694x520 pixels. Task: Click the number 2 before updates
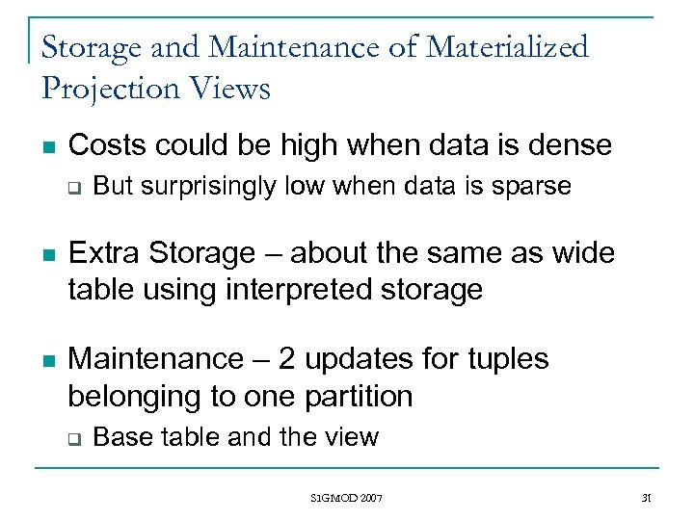[287, 359]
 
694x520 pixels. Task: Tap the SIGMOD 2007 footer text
[346, 498]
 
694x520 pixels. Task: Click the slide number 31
[647, 498]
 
